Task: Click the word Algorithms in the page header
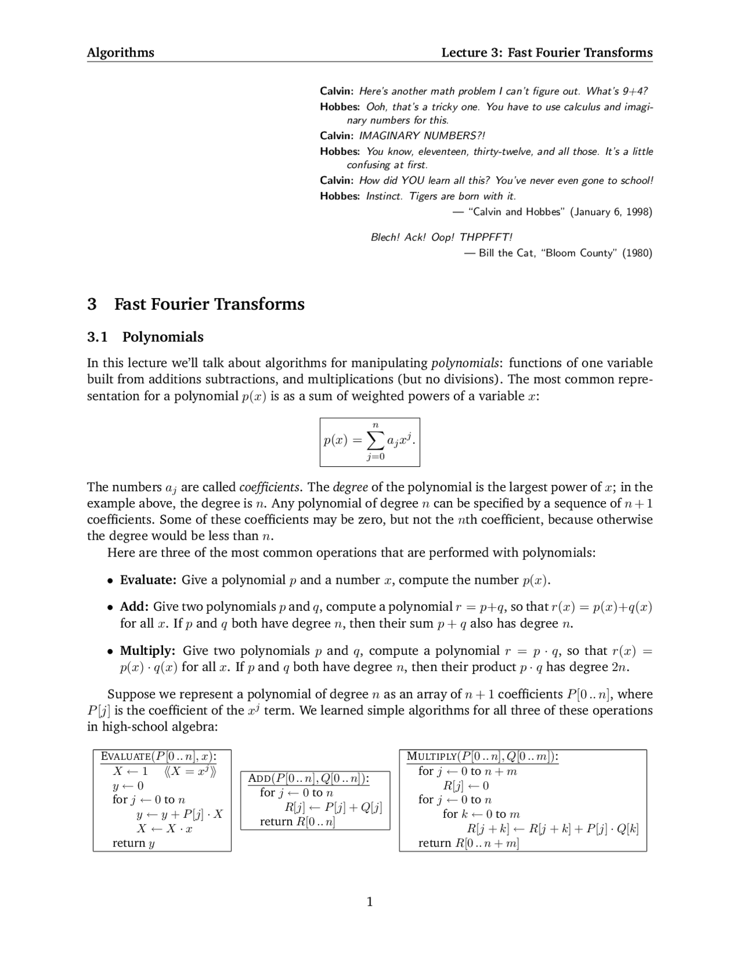120,53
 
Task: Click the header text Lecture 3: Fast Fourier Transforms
546,53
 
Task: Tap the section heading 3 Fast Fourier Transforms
195,304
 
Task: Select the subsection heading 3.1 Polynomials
145,337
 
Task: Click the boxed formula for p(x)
369,442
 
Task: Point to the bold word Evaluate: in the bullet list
148,580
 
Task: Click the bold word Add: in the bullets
134,607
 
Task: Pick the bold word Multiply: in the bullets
147,651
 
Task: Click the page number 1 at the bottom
369,902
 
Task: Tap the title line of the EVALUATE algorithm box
158,756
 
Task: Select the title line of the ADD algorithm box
309,778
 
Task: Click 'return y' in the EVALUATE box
133,843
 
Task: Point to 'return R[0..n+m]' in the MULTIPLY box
468,843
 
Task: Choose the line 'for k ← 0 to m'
481,814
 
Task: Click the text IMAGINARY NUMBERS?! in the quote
422,136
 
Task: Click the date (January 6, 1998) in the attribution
611,212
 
